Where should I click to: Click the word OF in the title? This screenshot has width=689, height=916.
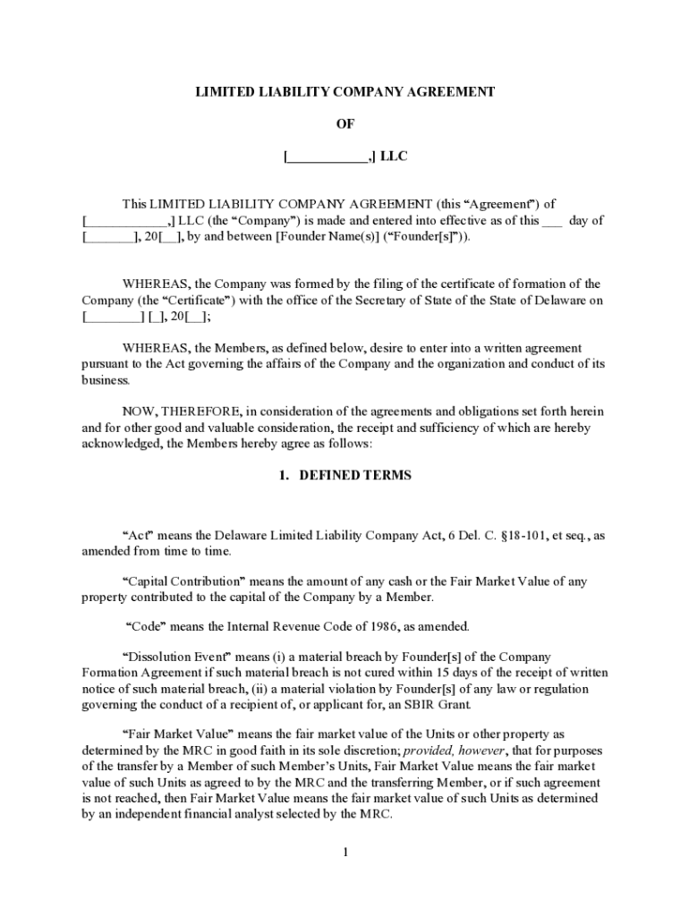(344, 124)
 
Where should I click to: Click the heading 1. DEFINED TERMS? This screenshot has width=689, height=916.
(344, 475)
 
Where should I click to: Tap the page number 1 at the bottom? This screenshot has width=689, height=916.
(344, 852)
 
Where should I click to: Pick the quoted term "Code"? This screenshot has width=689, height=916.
(147, 625)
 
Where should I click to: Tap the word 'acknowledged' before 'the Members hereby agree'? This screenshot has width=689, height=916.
(121, 444)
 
